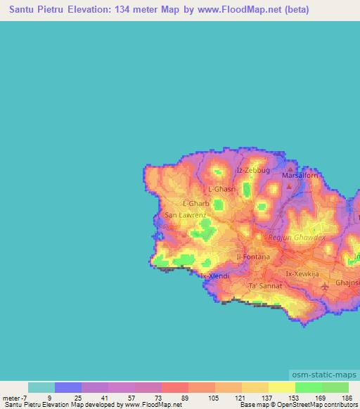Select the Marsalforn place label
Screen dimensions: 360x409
tap(300, 175)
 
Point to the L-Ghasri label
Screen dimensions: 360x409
tap(222, 190)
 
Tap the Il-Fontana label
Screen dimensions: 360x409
tap(253, 257)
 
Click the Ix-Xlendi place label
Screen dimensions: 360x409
tap(215, 276)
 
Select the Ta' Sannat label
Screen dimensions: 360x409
tap(266, 286)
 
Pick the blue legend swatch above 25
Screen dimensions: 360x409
tap(68, 387)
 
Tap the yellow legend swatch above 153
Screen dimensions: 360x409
tap(282, 387)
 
